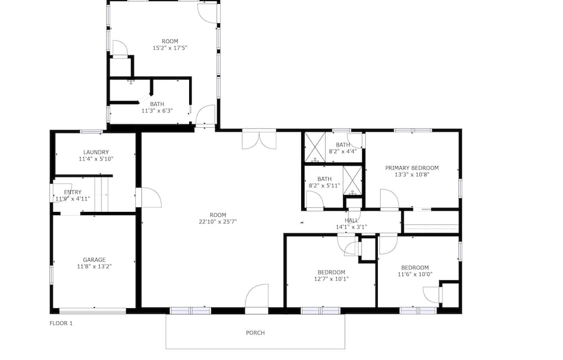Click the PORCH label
tap(255, 333)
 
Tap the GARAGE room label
tap(95, 260)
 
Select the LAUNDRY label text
tap(96, 152)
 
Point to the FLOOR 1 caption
tap(61, 323)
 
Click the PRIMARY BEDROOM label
tap(412, 168)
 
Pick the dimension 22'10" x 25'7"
tap(218, 221)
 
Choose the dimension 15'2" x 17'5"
tap(170, 48)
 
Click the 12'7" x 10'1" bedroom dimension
tap(332, 279)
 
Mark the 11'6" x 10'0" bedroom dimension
tap(415, 274)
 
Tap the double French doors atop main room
tap(259, 139)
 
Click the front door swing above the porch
tap(257, 296)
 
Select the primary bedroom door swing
tap(390, 199)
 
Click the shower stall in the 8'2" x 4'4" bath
tap(315, 147)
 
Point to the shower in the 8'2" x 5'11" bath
tap(352, 181)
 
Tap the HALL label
tap(351, 220)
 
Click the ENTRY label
tap(73, 192)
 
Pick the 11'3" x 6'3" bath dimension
tap(157, 110)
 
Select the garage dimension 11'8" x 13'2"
tap(95, 266)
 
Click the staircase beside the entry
tap(101, 194)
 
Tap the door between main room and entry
tap(149, 197)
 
